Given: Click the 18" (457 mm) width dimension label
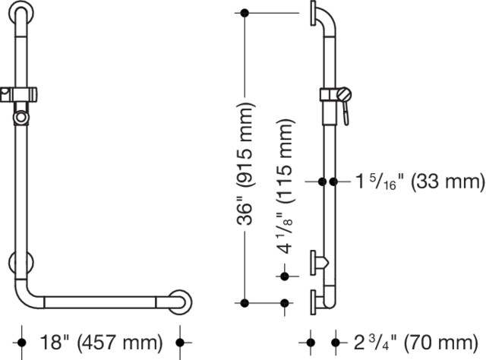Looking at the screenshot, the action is pyautogui.click(x=101, y=343).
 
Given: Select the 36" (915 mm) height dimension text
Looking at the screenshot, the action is pyautogui.click(x=246, y=163).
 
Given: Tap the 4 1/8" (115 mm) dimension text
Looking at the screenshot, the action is pyautogui.click(x=284, y=187).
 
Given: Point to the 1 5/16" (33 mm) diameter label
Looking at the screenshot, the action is pyautogui.click(x=420, y=182).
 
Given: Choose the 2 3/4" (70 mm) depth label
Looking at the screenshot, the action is pyautogui.click(x=415, y=343).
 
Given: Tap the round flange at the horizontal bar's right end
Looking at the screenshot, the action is pyautogui.click(x=181, y=302).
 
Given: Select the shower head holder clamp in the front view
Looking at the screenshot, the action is pyautogui.click(x=18, y=95).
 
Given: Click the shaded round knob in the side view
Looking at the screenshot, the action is pyautogui.click(x=344, y=94).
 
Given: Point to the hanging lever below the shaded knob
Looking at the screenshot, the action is pyautogui.click(x=346, y=113).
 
